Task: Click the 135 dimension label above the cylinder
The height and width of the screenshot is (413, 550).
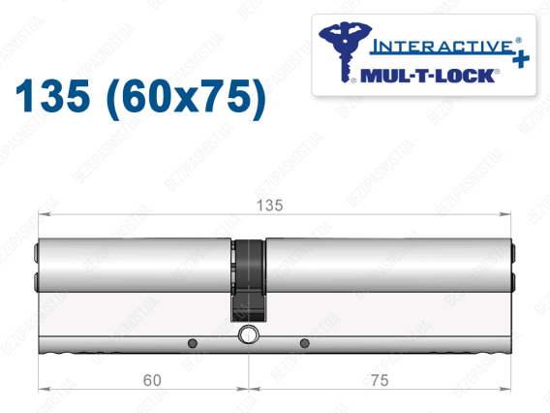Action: (269, 206)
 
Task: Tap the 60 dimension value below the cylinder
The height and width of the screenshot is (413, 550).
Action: (152, 380)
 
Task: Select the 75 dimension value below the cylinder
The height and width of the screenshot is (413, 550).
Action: (380, 380)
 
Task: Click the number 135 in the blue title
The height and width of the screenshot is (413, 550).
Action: (52, 96)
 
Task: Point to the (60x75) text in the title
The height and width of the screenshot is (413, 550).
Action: (186, 98)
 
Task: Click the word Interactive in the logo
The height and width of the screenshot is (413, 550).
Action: (442, 47)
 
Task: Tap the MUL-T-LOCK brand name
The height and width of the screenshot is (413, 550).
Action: (427, 76)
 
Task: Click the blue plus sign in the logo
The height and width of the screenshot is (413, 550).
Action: (521, 59)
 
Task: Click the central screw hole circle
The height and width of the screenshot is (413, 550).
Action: (248, 334)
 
